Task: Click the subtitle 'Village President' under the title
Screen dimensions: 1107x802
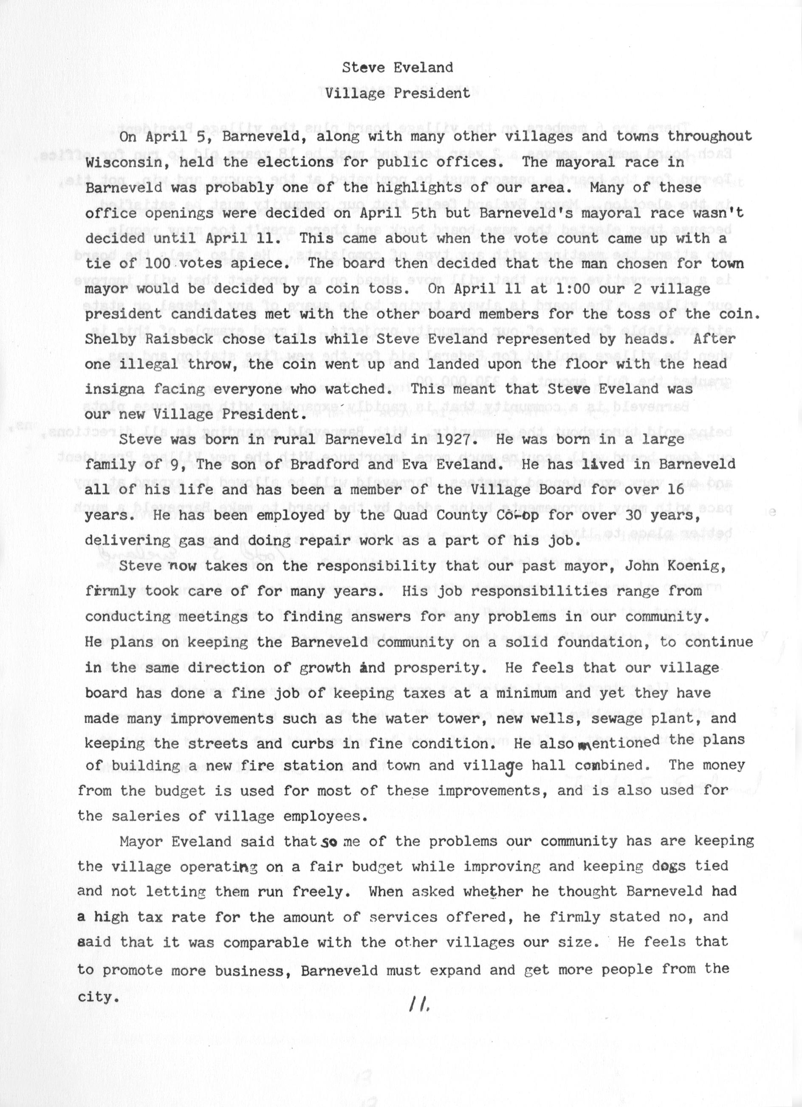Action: click(x=398, y=93)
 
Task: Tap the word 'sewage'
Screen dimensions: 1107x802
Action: click(x=616, y=718)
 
